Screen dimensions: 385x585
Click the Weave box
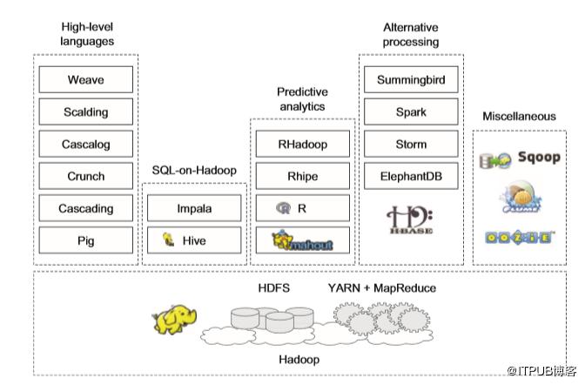(x=86, y=80)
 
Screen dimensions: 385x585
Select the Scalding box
(x=86, y=112)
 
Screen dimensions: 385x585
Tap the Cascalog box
(x=86, y=145)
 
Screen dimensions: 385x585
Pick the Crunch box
(x=86, y=176)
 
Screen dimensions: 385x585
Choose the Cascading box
(x=86, y=208)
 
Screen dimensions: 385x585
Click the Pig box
(x=86, y=240)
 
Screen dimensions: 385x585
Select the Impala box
(x=194, y=208)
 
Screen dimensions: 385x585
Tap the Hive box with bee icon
(x=194, y=240)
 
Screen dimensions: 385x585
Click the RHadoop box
(x=302, y=144)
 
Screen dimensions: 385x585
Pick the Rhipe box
(x=302, y=176)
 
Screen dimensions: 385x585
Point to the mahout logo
(x=302, y=240)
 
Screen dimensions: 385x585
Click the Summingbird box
(x=411, y=80)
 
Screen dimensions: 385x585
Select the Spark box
(x=411, y=112)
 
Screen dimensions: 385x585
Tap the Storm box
(x=411, y=145)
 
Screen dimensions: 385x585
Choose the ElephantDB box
(x=411, y=176)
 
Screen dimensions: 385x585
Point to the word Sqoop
(x=538, y=158)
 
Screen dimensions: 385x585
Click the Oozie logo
(x=519, y=237)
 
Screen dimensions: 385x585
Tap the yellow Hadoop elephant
(x=174, y=317)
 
